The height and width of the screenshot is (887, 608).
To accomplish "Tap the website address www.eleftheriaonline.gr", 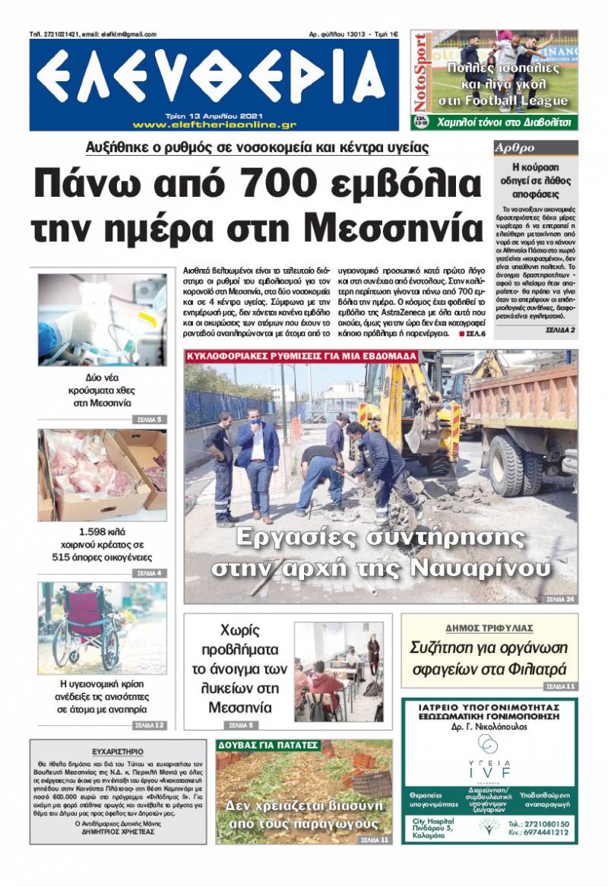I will click(x=214, y=125).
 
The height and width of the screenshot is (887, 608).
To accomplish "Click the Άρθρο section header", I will click(x=515, y=147).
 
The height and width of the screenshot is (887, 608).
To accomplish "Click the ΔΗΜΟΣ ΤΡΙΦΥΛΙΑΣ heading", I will click(x=489, y=628).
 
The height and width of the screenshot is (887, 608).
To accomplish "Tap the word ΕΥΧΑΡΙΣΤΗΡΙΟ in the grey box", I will click(x=118, y=751).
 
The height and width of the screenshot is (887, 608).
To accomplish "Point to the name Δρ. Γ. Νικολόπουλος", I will click(x=489, y=726).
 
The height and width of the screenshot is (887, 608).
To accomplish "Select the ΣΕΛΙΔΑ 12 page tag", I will click(x=149, y=724).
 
